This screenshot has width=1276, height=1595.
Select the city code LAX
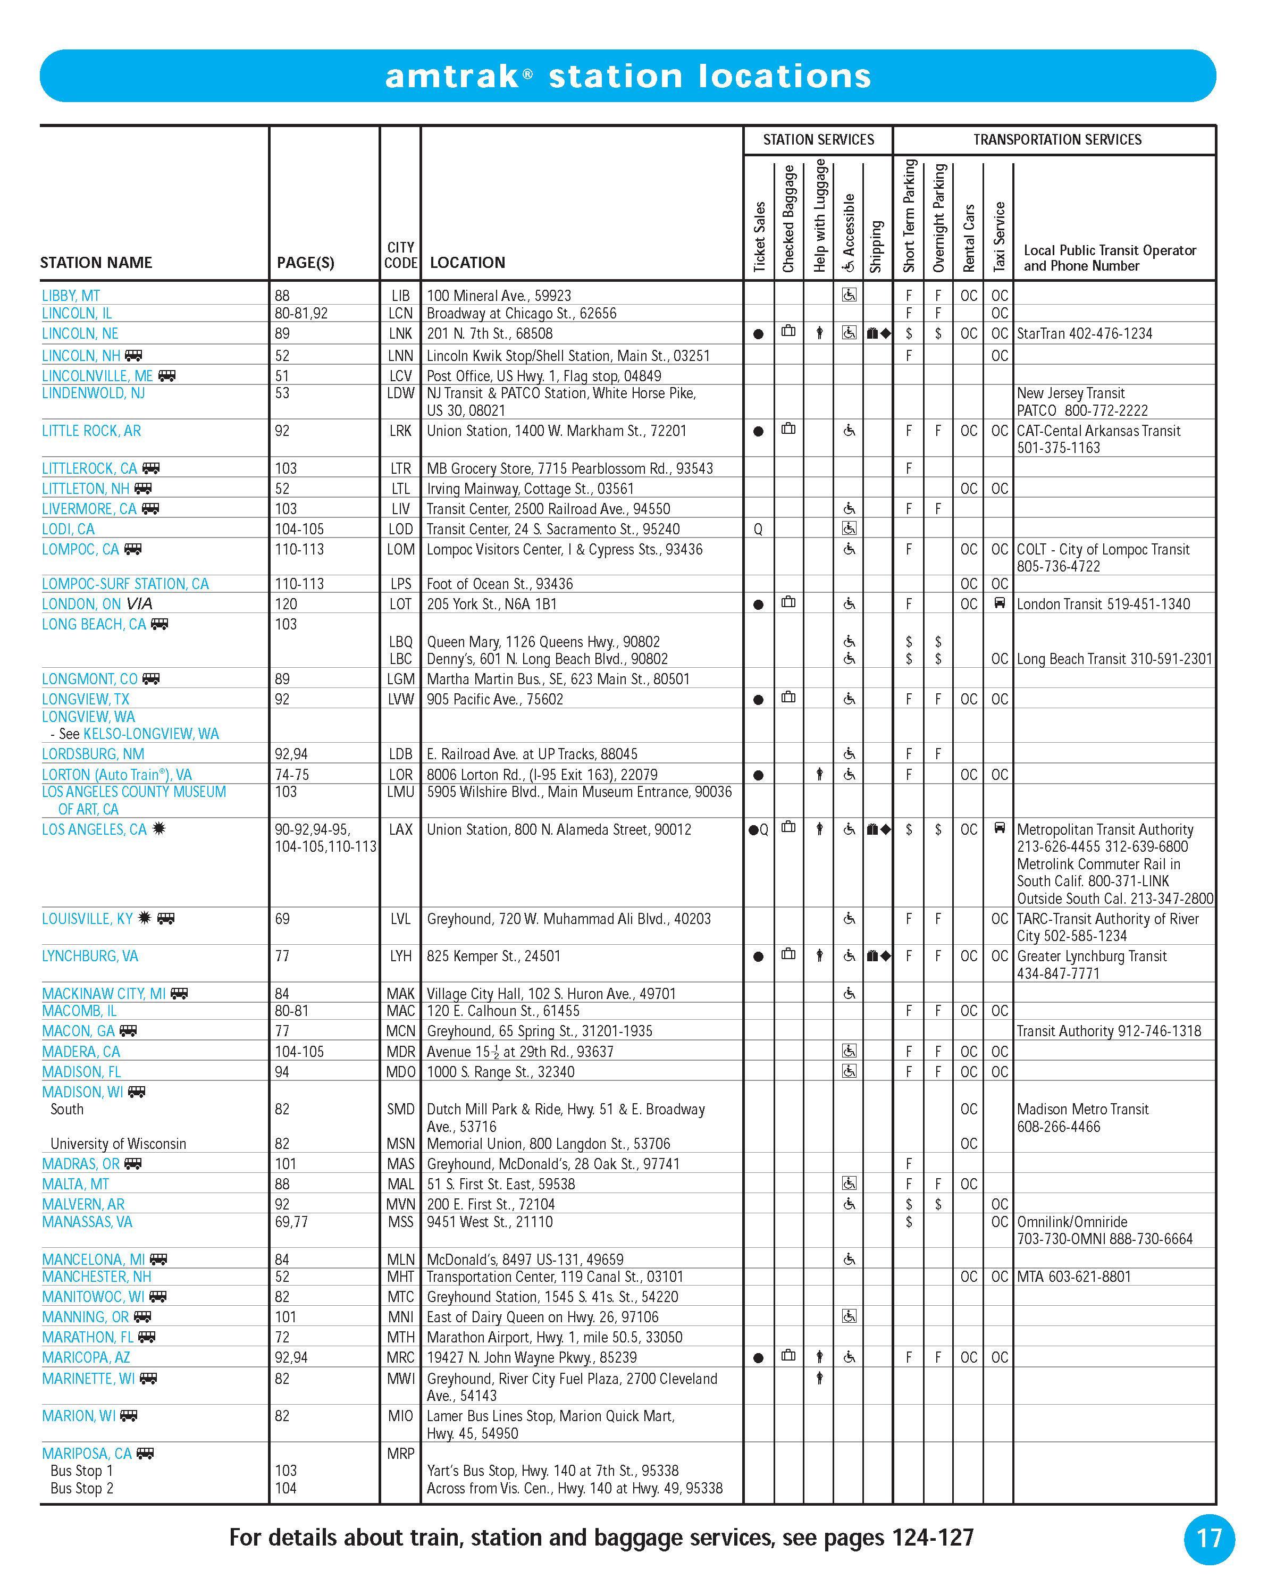pyautogui.click(x=400, y=829)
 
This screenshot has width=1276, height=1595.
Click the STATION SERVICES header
pyautogui.click(x=818, y=140)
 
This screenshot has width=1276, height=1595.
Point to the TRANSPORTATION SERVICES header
pyautogui.click(x=1057, y=140)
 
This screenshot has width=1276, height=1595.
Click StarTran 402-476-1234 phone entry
pyautogui.click(x=1085, y=334)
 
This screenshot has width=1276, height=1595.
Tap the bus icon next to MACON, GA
pyautogui.click(x=129, y=1030)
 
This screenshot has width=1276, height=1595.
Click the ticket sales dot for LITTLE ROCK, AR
pyautogui.click(x=758, y=431)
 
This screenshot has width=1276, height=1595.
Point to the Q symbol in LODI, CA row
pyautogui.click(x=758, y=530)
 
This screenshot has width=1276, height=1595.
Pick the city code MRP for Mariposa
pyautogui.click(x=400, y=1453)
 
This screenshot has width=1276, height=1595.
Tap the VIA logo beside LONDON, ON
pyautogui.click(x=139, y=603)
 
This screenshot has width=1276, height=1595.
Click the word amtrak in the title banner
pyautogui.click(x=452, y=76)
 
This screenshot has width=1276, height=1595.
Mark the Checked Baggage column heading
pyautogui.click(x=788, y=219)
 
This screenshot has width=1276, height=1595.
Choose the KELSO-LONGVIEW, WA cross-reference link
pyautogui.click(x=151, y=734)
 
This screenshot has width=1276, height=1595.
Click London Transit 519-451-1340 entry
pyautogui.click(x=1103, y=603)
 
